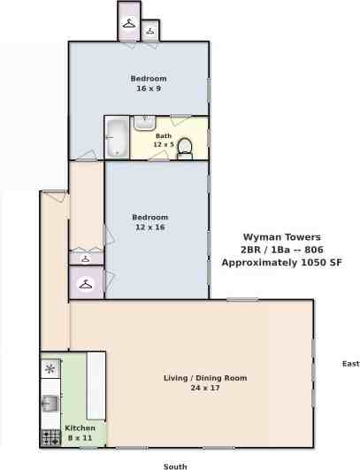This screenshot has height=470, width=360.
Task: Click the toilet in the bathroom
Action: click(x=185, y=147)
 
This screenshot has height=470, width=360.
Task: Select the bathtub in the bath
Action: click(x=116, y=137)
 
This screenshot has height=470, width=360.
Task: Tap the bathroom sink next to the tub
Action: click(x=144, y=123)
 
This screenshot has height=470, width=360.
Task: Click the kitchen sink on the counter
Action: click(x=50, y=404)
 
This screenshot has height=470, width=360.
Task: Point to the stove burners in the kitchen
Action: click(x=50, y=435)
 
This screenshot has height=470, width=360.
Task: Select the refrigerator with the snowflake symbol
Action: click(x=50, y=368)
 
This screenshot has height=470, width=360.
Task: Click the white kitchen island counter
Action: click(x=96, y=384)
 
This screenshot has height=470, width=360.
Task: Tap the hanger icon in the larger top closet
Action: click(x=129, y=23)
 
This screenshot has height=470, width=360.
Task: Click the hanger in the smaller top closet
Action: click(x=150, y=31)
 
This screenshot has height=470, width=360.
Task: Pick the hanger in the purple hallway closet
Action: click(x=86, y=284)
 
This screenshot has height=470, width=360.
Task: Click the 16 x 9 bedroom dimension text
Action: click(x=148, y=89)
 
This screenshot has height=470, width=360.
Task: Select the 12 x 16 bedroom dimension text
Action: click(x=149, y=227)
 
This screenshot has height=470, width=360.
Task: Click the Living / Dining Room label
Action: click(x=205, y=378)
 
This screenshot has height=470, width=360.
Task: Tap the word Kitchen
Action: click(x=80, y=428)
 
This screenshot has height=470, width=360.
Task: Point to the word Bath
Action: click(x=164, y=135)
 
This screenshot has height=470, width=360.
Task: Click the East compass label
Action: click(x=350, y=364)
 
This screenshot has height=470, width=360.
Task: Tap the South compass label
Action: click(x=175, y=466)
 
